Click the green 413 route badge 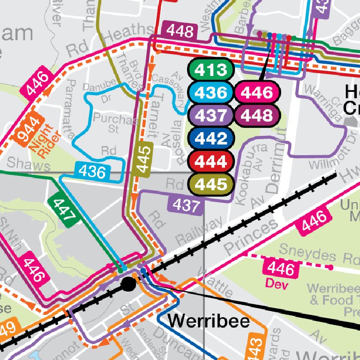click(210, 70)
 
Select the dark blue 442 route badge click(210, 138)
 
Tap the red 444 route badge click(210, 161)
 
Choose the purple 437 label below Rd click(186, 205)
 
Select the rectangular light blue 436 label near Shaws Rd click(92, 172)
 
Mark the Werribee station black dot click(128, 284)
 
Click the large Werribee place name click(209, 322)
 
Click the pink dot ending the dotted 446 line click(330, 268)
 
